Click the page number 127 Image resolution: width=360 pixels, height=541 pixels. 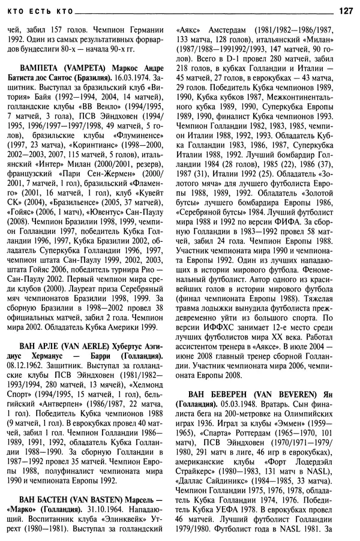(346, 10)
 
